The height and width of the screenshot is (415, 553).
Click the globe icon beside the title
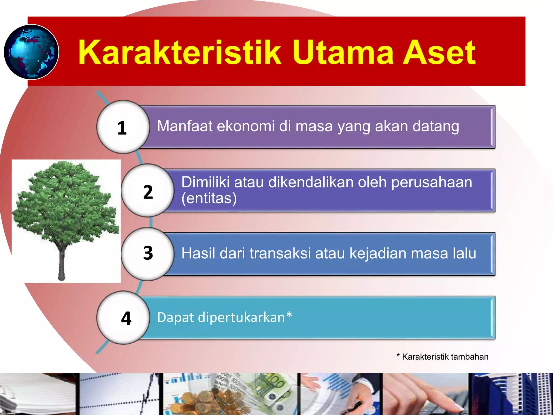[x=31, y=52]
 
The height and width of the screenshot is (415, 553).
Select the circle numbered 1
[x=123, y=127]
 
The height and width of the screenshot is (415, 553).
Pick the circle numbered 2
[x=147, y=191]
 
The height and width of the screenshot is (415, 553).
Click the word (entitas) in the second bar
[x=209, y=198]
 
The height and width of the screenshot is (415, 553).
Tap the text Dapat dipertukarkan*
[x=224, y=317]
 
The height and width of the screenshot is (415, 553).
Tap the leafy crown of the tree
[x=65, y=203]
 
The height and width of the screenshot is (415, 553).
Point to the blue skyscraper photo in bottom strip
[x=510, y=394]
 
